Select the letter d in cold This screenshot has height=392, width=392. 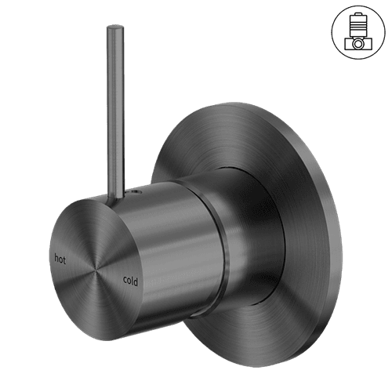pyautogui.click(x=136, y=278)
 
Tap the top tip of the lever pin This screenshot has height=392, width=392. pyautogui.click(x=110, y=30)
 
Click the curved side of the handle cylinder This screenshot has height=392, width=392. pyautogui.click(x=169, y=235)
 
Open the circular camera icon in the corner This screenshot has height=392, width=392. pyautogui.click(x=357, y=31)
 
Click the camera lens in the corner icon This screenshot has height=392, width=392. pyautogui.click(x=357, y=44)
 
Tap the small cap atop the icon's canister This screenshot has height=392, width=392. pyautogui.click(x=357, y=15)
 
